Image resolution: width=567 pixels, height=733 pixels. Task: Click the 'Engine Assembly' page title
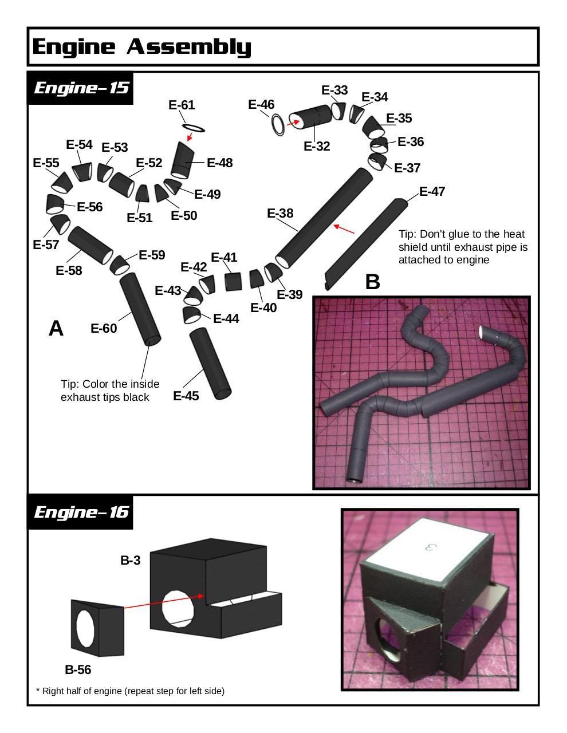tap(141, 46)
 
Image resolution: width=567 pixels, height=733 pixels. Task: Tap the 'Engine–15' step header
tap(81, 88)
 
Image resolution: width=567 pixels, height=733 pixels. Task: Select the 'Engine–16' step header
tap(81, 511)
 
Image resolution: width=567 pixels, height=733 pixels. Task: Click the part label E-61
tap(182, 105)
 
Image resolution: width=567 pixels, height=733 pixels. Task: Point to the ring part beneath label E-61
tap(193, 127)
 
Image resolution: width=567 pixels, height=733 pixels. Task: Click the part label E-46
tap(261, 104)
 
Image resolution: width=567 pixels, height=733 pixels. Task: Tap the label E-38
tap(280, 213)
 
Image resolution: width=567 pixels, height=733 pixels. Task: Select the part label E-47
tap(432, 191)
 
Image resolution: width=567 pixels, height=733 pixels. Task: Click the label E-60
tap(104, 328)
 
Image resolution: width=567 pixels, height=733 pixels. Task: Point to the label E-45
tap(186, 396)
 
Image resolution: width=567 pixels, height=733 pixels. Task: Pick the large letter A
tap(56, 328)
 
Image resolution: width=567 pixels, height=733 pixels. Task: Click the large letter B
tap(372, 282)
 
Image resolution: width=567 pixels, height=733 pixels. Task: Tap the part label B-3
tap(130, 561)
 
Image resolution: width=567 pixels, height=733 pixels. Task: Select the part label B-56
tap(78, 669)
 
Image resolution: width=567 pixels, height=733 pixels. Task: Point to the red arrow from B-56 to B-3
tap(164, 602)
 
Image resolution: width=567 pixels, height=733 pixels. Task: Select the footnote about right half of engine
tap(130, 691)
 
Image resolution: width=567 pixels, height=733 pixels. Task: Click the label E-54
tap(79, 144)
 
